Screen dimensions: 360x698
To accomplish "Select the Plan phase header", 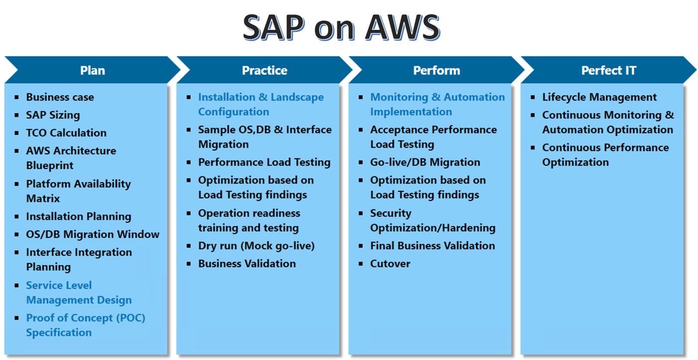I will coord(92,70).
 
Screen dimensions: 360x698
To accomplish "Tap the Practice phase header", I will coord(264,70).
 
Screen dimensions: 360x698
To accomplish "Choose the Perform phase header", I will coord(436,70).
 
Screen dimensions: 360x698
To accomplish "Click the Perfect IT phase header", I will coord(608,70).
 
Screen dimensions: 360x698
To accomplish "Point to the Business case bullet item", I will coord(60,97).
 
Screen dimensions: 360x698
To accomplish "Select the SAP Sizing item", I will coord(53,115).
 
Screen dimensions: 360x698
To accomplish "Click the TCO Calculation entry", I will coord(66,133).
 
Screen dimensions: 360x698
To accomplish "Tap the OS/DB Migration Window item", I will coord(93,234).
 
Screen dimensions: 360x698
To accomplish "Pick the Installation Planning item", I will coord(79,216).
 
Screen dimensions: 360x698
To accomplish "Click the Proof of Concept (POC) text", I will coord(86,318).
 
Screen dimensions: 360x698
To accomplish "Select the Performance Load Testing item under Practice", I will coord(264,163).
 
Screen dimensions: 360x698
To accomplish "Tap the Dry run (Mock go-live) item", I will coord(256,246).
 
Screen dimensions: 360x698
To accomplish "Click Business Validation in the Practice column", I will coord(247,264).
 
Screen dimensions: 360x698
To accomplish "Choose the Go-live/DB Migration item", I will coord(425,163).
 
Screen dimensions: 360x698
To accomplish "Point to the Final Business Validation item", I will coord(432,246).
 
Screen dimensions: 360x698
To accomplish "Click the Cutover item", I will coord(390,264).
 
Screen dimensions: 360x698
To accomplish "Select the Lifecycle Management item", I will coord(599,97).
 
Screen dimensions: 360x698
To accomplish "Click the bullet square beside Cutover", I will coord(361,264).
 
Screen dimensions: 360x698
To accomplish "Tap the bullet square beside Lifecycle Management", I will coord(533,97).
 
